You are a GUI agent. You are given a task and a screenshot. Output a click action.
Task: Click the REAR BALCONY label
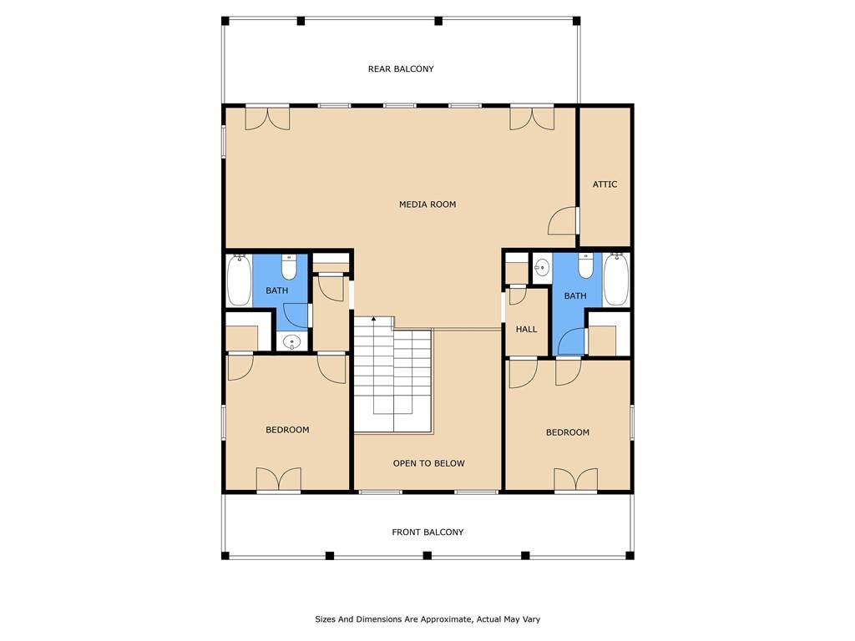coord(401,69)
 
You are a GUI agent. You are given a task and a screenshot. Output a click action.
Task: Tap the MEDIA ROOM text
coord(427,204)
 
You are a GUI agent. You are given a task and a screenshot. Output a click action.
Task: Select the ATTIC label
coord(605,184)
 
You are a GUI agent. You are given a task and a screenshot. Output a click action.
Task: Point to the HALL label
coord(526,330)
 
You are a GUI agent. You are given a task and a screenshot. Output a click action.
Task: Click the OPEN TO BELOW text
coord(429,463)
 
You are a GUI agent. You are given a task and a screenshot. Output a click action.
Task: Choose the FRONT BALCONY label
coord(427,532)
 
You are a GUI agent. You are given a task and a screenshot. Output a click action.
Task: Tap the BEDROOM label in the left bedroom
coord(287,431)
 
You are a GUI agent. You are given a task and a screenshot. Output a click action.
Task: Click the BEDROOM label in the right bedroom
coord(568,432)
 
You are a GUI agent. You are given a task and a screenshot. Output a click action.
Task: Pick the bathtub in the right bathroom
coord(616,280)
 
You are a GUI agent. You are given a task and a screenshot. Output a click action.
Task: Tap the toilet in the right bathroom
coord(586,266)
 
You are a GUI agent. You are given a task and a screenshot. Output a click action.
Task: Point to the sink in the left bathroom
coord(291,341)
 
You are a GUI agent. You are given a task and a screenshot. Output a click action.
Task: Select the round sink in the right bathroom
coord(542,268)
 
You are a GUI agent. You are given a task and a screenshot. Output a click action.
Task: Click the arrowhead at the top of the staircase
coord(373,319)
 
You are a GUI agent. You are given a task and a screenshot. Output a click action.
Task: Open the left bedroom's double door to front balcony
coord(278,480)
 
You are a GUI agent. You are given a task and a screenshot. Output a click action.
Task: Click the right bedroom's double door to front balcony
coord(576,480)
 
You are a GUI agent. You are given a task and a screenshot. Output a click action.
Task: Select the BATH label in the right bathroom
coord(575,296)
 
